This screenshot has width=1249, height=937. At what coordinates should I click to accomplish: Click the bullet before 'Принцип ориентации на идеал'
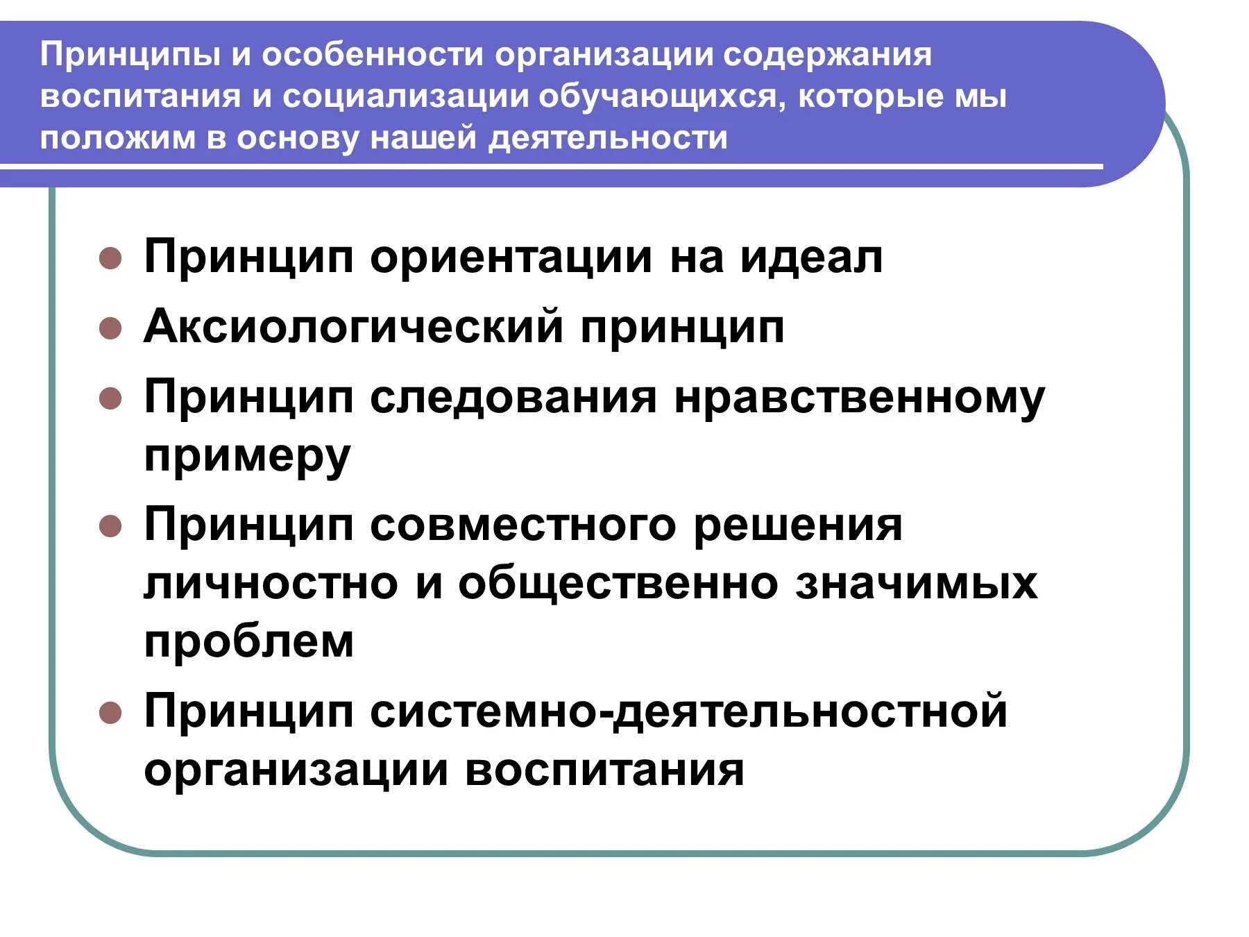point(110,259)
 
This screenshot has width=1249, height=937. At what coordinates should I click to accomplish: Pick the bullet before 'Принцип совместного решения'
point(110,526)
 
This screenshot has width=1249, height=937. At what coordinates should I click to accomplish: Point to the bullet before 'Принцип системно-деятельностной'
point(110,713)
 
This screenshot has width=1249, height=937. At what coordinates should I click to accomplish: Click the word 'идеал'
point(811,257)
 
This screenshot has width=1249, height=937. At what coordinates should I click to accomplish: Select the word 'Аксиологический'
point(353,326)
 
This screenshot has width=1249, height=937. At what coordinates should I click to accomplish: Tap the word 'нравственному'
point(859,398)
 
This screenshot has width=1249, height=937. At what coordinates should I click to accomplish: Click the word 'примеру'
point(247,457)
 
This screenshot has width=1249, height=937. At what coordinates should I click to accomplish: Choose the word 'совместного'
point(522,525)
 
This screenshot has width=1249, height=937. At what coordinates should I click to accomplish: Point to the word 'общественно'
point(618,583)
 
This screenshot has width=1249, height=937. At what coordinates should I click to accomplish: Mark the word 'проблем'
point(249,641)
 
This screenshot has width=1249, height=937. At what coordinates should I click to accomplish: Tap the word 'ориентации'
point(511,257)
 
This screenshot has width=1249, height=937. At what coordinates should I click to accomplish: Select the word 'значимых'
point(916,583)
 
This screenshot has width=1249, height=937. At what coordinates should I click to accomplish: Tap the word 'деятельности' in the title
point(608,137)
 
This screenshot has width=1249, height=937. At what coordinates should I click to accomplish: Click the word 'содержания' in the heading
point(827,55)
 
